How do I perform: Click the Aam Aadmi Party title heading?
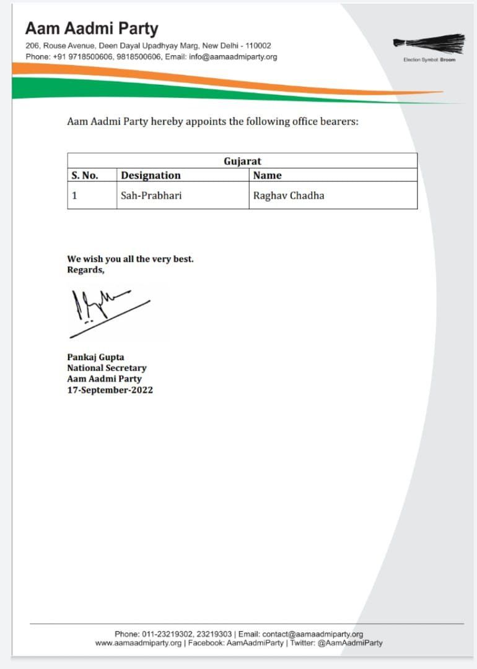pyautogui.click(x=92, y=28)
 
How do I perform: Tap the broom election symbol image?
pyautogui.click(x=429, y=43)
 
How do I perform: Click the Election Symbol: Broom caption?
pyautogui.click(x=429, y=60)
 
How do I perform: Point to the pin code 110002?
pyautogui.click(x=258, y=46)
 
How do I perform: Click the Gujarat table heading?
pyautogui.click(x=242, y=161)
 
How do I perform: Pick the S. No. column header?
pyautogui.click(x=85, y=175)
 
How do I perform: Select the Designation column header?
pyautogui.click(x=151, y=175)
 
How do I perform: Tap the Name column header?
pyautogui.click(x=267, y=175)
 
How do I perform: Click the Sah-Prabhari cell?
pyautogui.click(x=151, y=196)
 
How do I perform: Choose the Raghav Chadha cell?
pyautogui.click(x=288, y=196)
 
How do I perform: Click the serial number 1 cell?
pyautogui.click(x=74, y=196)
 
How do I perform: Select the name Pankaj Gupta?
pyautogui.click(x=96, y=356)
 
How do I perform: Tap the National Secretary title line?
pyautogui.click(x=107, y=368)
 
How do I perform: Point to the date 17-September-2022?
pyautogui.click(x=110, y=390)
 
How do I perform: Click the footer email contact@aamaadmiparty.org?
pyautogui.click(x=313, y=634)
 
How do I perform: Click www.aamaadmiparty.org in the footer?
pyautogui.click(x=138, y=643)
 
